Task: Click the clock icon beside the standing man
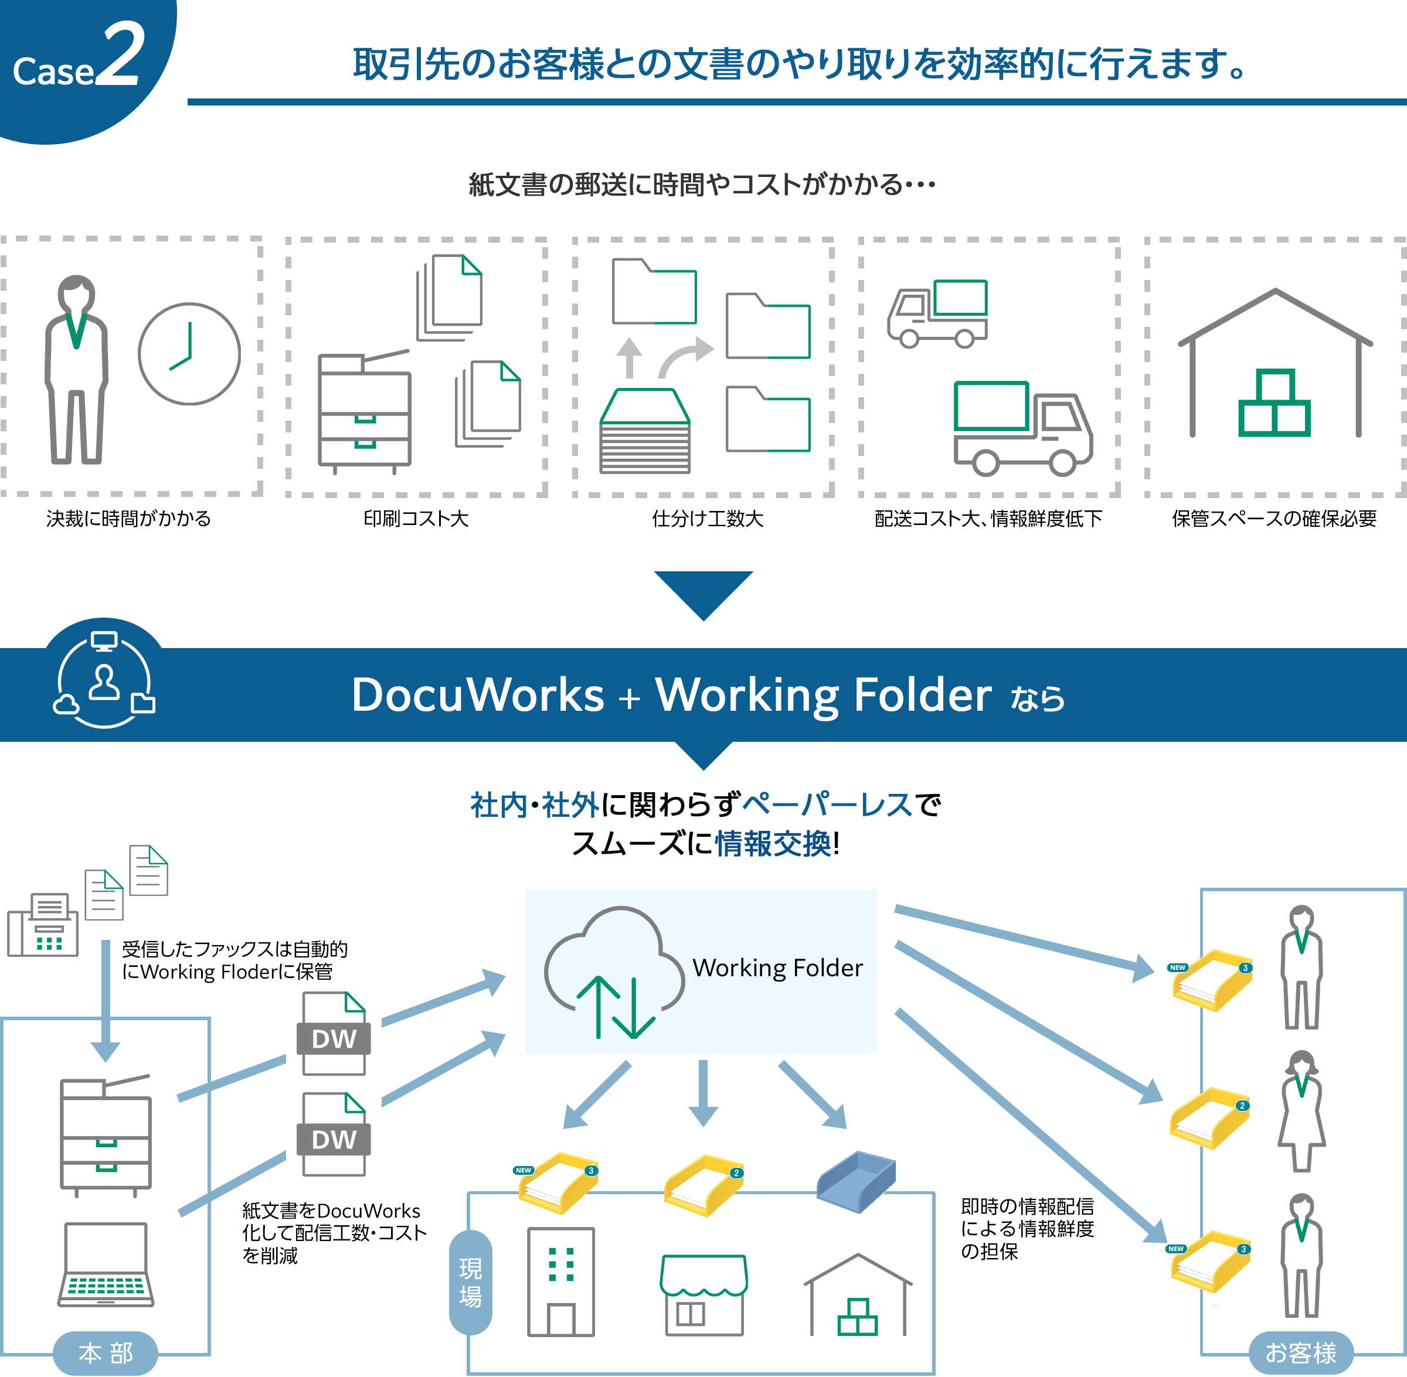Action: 189,354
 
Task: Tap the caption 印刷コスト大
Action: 416,519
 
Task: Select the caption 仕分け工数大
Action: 708,519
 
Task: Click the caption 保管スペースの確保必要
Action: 1274,519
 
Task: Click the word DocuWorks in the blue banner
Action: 477,695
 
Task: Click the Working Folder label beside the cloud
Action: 777,967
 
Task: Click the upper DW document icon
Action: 334,1034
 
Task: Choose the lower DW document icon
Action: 334,1134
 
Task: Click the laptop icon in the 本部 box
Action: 106,1265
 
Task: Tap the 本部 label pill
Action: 106,1352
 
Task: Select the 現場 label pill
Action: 470,1282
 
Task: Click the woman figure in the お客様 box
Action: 1301,1111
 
